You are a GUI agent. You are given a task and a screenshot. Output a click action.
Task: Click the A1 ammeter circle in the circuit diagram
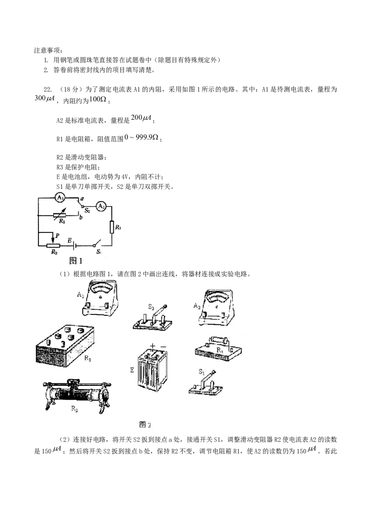click(60, 198)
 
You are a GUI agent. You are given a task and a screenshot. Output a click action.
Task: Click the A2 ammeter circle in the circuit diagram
click(101, 207)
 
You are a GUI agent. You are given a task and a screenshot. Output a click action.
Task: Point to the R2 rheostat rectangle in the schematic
click(54, 246)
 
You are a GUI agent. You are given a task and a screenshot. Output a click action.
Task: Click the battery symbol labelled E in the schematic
click(74, 246)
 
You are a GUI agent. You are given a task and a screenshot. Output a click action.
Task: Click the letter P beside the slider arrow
click(57, 236)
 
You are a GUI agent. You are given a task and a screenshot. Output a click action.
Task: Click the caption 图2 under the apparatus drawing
click(145, 425)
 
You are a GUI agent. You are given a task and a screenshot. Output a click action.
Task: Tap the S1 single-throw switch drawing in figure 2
click(205, 384)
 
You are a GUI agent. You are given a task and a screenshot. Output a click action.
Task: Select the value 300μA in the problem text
click(44, 98)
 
